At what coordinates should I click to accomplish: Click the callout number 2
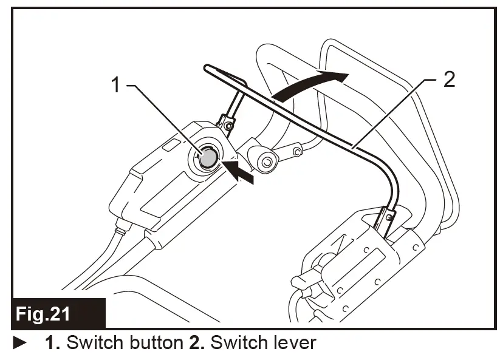(x=448, y=79)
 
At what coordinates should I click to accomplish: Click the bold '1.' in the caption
(x=53, y=343)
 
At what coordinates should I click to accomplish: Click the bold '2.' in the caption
(x=193, y=343)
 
